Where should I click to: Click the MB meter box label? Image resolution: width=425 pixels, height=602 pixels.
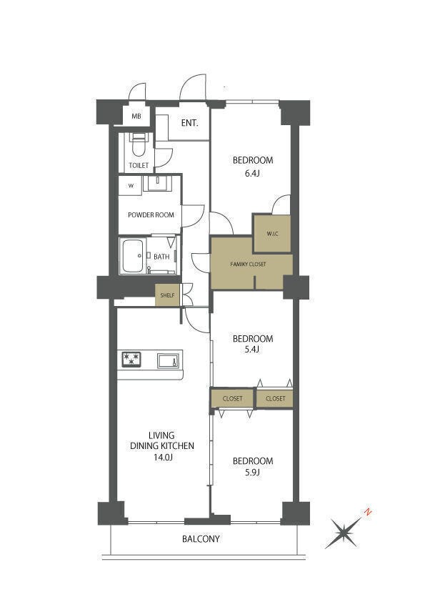(x=136, y=116)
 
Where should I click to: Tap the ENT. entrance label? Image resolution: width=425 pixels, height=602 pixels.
(x=189, y=123)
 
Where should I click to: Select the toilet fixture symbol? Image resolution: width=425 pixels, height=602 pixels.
(x=138, y=144)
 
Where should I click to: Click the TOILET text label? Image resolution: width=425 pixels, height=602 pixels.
(x=139, y=165)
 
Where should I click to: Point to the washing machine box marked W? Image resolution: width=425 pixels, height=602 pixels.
(x=131, y=186)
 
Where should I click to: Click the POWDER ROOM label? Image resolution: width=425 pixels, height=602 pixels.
(x=151, y=215)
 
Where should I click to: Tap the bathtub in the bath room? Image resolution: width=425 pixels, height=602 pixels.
(x=133, y=256)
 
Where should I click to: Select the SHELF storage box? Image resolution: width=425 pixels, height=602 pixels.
(x=167, y=295)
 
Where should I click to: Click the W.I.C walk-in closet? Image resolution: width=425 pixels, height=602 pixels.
(x=272, y=233)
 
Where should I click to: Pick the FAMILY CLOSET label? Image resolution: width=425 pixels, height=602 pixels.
(x=248, y=264)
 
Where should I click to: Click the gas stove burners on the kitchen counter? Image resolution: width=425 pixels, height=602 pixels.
(x=131, y=360)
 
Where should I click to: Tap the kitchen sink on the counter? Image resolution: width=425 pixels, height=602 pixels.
(x=168, y=361)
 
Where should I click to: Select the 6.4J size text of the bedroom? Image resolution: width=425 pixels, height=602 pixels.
(x=252, y=173)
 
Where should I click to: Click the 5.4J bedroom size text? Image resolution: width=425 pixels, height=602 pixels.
(x=252, y=349)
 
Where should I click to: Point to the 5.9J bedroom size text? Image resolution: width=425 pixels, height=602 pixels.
(x=252, y=473)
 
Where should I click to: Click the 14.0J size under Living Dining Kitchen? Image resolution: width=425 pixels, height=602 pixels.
(x=162, y=458)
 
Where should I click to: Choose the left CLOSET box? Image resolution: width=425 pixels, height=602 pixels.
(x=232, y=398)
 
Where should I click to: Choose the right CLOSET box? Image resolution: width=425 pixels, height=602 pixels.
(x=275, y=398)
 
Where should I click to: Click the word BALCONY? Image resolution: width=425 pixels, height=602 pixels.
(x=201, y=538)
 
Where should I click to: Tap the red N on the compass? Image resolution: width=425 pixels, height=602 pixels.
(x=367, y=512)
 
